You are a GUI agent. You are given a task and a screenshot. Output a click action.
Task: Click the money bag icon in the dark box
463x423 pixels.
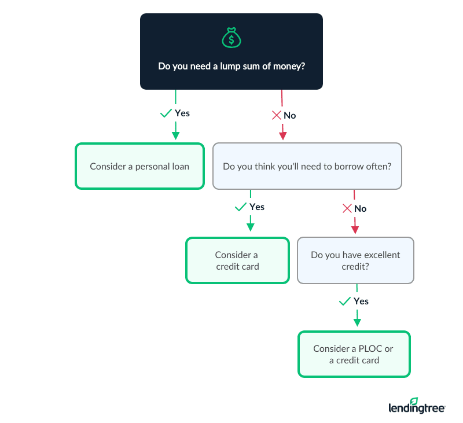[231, 39]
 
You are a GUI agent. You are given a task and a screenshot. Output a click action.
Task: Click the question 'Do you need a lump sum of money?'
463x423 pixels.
[231, 67]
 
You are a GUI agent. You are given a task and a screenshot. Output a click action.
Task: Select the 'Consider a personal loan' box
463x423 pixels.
[139, 166]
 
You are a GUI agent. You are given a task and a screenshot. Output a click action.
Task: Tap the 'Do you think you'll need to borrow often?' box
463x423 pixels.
[307, 166]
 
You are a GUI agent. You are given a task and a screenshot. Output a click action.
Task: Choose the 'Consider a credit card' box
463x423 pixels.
[237, 260]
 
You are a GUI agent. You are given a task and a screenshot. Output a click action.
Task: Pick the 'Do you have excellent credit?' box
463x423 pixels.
[355, 260]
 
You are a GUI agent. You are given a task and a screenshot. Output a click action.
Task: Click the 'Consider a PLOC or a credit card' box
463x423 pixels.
[354, 354]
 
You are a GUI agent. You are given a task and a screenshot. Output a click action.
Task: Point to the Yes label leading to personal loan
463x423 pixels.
[182, 113]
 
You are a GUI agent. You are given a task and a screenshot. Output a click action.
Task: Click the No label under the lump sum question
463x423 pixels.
[289, 116]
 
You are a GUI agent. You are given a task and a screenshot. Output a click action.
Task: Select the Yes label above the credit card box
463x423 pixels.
[256, 207]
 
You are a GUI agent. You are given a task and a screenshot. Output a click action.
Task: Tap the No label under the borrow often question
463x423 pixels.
[360, 209]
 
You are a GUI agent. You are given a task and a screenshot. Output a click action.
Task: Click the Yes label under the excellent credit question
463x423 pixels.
[361, 301]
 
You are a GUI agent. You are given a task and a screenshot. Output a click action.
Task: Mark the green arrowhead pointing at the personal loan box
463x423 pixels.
[175, 135]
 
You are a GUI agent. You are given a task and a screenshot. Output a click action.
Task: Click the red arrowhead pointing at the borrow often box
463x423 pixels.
[282, 136]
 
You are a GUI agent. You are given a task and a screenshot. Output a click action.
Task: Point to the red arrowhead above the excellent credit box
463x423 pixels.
[355, 230]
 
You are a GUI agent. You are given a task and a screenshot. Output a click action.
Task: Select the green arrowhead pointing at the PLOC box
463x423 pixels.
[357, 322]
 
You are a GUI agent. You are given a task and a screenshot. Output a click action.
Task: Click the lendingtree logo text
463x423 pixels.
[416, 409]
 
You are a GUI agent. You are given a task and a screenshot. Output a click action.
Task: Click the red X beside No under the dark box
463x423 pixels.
[276, 116]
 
